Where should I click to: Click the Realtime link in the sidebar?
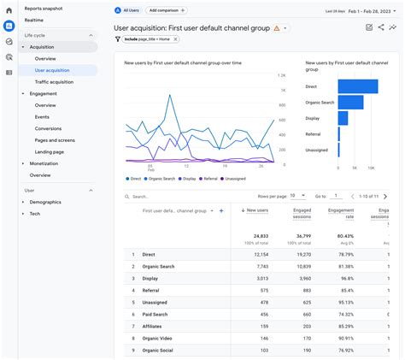(x=34, y=19)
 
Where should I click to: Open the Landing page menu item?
(x=49, y=151)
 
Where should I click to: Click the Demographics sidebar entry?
(x=45, y=202)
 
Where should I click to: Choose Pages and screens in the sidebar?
(x=54, y=139)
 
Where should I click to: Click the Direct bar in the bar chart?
(x=358, y=86)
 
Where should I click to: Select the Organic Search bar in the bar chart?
(x=350, y=103)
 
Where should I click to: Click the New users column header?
(x=255, y=210)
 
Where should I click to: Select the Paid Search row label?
(x=156, y=314)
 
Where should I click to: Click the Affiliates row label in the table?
(x=153, y=326)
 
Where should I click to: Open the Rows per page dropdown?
(x=297, y=196)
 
